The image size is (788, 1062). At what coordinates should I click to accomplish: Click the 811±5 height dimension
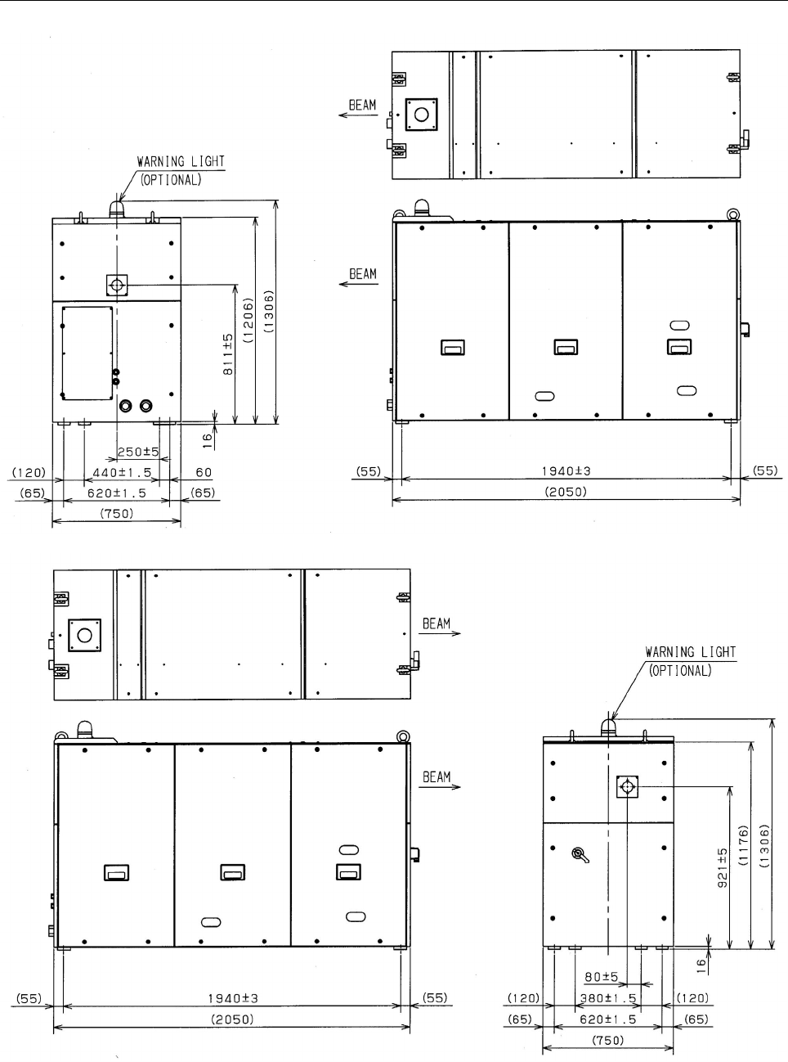228,353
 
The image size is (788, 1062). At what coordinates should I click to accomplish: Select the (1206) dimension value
248,320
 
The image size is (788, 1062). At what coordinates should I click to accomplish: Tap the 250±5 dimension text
138,452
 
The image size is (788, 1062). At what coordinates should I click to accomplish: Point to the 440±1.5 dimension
122,473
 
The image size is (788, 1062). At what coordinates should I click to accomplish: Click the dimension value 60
204,472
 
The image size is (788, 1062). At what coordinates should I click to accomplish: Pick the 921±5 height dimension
723,867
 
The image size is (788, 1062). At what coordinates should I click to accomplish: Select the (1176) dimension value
743,845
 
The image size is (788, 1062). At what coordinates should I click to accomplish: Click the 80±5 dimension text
602,976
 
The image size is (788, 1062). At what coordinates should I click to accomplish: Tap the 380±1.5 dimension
608,998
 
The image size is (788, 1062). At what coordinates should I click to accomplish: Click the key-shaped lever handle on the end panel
581,855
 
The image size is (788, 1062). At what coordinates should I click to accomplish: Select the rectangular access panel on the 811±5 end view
87,353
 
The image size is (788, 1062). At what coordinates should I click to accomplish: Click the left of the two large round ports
125,406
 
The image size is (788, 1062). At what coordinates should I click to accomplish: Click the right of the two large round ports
146,406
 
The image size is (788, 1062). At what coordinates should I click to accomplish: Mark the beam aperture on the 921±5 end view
627,786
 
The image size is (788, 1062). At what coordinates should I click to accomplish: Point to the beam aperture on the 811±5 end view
117,286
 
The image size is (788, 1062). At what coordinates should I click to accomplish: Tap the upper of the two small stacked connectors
115,372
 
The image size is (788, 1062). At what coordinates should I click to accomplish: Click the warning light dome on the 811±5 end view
117,209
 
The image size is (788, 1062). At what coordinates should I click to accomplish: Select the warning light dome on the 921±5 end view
608,728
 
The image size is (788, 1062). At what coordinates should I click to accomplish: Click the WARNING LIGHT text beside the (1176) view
691,652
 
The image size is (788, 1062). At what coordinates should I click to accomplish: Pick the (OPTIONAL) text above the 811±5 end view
171,180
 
